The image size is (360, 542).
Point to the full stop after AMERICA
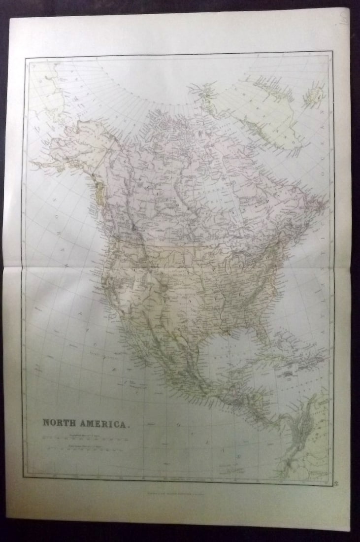[x=130, y=424]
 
